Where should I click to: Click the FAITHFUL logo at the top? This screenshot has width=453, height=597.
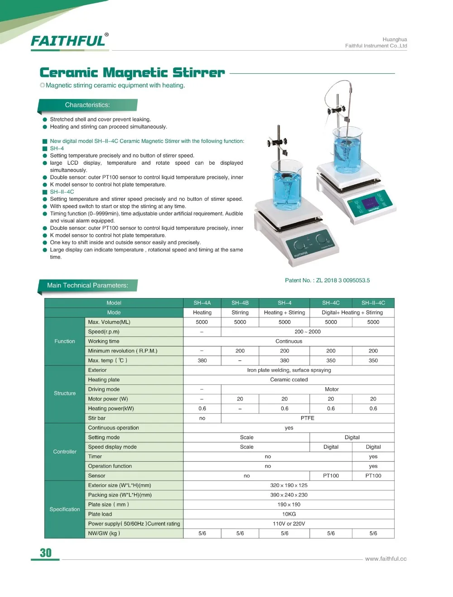[x=69, y=41]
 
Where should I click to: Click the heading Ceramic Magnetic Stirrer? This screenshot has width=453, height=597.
[x=132, y=73]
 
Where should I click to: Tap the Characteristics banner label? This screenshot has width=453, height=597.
[x=87, y=105]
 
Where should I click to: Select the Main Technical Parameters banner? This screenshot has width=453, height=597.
[x=87, y=285]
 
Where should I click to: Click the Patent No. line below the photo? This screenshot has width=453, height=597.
[x=327, y=280]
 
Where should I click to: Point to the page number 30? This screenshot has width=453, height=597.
[x=46, y=553]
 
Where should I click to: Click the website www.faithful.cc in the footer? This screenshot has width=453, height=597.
[x=386, y=559]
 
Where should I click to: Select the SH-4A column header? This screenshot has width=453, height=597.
[x=202, y=303]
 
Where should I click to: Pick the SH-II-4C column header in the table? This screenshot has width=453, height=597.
[x=373, y=303]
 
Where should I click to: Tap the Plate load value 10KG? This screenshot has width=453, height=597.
[x=289, y=514]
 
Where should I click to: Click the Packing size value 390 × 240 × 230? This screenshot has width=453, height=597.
[x=289, y=495]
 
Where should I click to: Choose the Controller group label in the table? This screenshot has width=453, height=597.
[x=65, y=452]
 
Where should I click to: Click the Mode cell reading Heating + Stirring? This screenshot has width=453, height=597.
[x=284, y=313]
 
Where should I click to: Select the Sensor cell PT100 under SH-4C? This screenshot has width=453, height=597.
[x=331, y=476]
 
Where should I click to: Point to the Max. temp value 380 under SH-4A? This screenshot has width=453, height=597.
[x=202, y=360]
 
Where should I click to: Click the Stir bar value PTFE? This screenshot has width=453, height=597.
[x=307, y=418]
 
